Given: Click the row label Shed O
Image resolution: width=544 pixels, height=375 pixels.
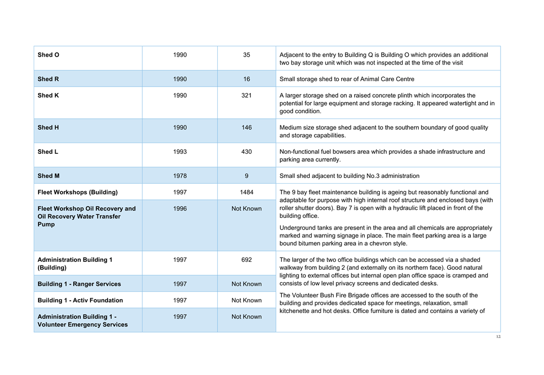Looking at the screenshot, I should coord(48,55).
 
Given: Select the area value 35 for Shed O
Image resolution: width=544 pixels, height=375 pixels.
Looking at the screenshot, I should coord(247,55).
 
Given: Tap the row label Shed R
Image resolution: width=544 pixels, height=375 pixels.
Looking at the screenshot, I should coord(48,79).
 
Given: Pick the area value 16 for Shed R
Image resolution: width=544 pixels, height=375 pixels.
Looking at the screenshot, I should coord(247,79).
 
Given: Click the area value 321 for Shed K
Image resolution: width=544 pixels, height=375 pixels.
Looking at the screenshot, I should coord(247,96).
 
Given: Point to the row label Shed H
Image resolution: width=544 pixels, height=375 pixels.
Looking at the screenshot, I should coord(48,128).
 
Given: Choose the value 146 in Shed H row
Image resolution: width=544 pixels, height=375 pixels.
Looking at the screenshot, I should coord(247,128).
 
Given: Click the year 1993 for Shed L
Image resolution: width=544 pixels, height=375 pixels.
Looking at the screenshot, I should coord(180,152).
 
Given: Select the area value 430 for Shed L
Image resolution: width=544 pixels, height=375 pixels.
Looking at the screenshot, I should coord(247,152).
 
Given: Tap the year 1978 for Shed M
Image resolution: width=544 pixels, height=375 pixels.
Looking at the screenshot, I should coord(180,176).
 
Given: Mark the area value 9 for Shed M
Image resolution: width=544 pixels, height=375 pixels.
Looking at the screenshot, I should coord(247,176).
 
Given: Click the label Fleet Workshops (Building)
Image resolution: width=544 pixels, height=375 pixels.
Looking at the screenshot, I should coord(78,192).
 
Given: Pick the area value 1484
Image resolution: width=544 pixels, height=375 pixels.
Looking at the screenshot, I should coord(247,192).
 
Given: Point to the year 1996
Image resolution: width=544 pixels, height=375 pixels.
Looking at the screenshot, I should coord(180,209).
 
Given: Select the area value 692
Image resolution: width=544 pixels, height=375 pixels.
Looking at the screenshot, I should coord(247,260).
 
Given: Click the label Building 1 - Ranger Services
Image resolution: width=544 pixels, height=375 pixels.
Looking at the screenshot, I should coord(79,284).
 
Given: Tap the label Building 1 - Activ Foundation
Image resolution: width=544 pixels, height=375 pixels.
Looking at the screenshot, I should coord(80,300).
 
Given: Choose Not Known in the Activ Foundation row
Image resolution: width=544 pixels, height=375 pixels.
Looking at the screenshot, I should coord(247,300).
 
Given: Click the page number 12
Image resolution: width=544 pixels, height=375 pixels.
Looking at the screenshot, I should coord(498,337).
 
